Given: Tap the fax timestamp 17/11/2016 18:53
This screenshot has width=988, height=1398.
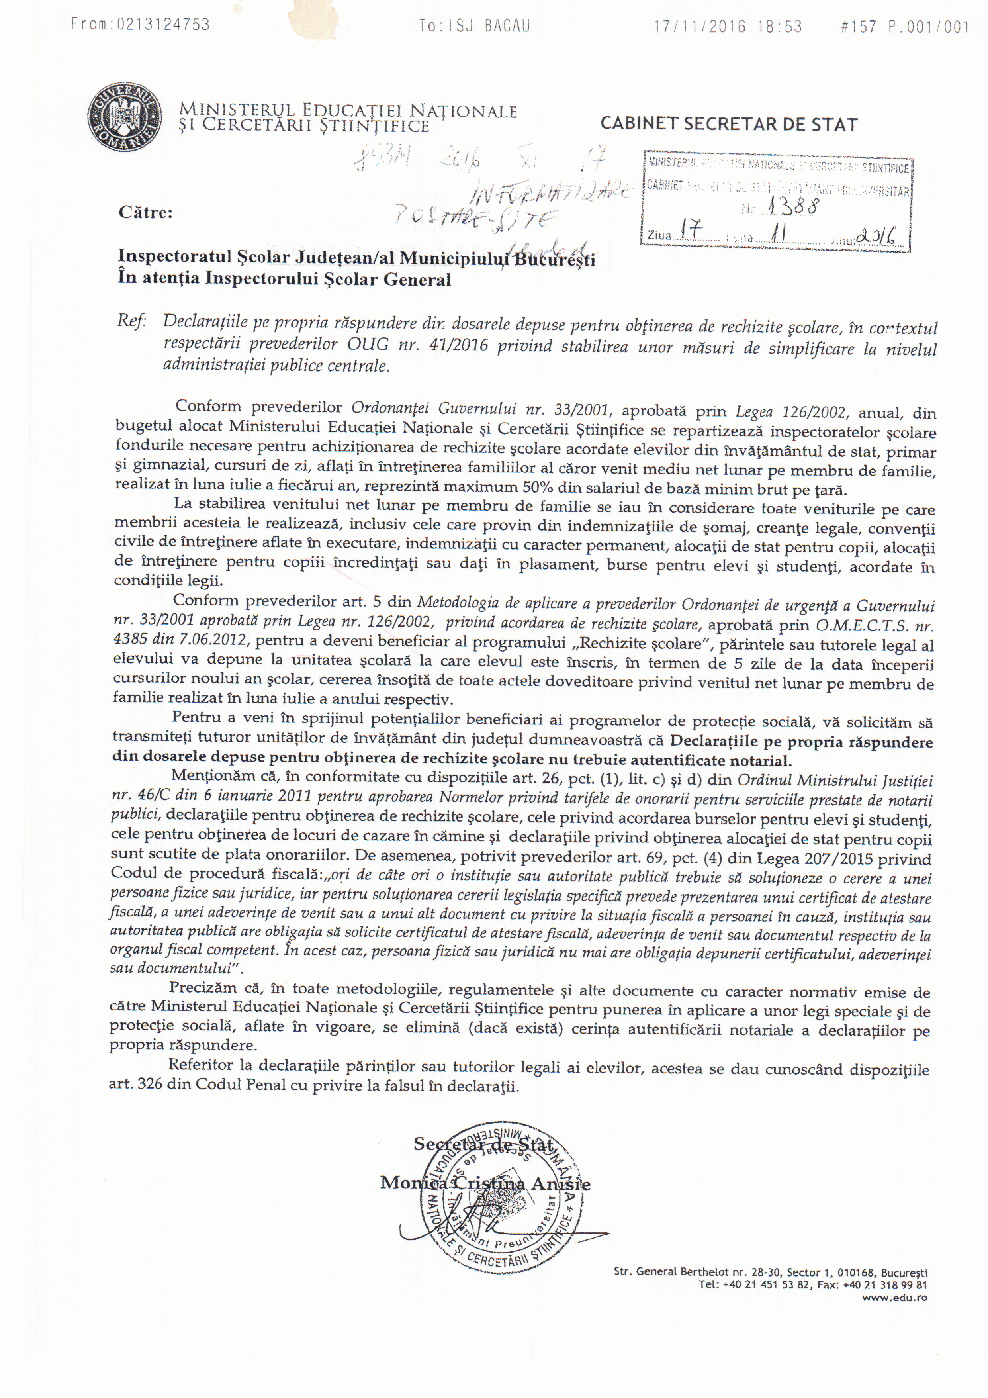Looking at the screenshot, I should pyautogui.click(x=728, y=27).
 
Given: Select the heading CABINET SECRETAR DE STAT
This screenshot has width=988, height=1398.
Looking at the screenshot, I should pyautogui.click(x=729, y=125).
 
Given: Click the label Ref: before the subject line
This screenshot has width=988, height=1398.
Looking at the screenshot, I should pyautogui.click(x=131, y=322).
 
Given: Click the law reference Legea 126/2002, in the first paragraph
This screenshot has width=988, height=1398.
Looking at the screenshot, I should pyautogui.click(x=791, y=412).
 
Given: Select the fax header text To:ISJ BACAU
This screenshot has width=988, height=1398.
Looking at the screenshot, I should pyautogui.click(x=474, y=25).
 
